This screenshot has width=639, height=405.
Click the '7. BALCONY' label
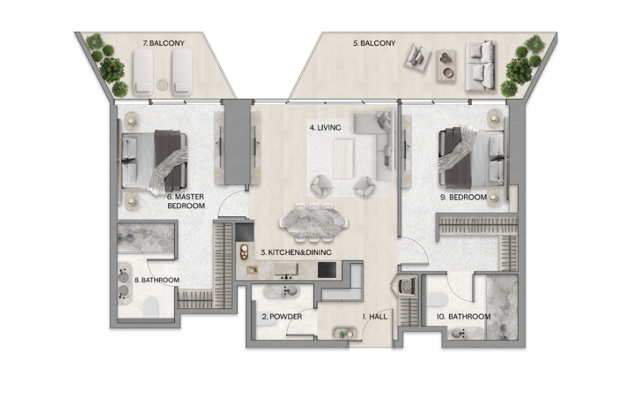tap(163, 43)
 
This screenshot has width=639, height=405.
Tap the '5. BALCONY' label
tap(374, 43)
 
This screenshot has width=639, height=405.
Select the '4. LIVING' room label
tap(325, 128)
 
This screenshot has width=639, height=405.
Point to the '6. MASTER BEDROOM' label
tap(186, 201)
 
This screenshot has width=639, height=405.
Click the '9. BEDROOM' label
tap(463, 197)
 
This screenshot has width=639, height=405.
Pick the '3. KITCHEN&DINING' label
tap(296, 252)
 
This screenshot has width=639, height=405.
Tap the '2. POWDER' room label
tap(281, 316)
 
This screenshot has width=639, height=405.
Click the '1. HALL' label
tap(375, 316)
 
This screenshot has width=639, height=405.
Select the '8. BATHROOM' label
tap(157, 280)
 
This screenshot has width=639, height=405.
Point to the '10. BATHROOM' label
tap(463, 316)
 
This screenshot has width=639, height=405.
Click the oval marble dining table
tap(313, 223)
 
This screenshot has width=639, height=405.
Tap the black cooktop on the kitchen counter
tap(327, 270)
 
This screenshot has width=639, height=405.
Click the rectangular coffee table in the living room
tap(343, 158)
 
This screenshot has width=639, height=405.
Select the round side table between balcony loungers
tap(163, 85)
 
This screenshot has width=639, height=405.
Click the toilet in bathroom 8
tap(150, 306)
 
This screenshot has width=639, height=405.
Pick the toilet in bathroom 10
tap(438, 299)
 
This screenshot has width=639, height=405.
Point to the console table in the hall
tap(346, 334)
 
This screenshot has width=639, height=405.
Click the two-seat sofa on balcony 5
tap(481, 66)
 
